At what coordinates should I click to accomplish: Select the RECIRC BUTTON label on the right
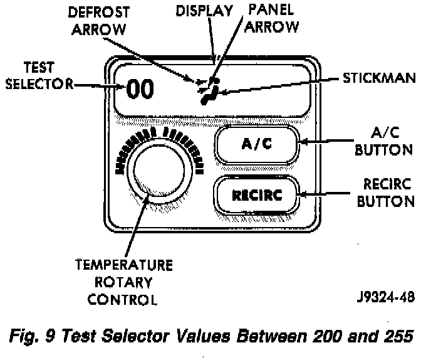[x=388, y=193]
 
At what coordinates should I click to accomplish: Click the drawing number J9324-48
[x=384, y=298]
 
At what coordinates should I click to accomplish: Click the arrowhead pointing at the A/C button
[x=302, y=142]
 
